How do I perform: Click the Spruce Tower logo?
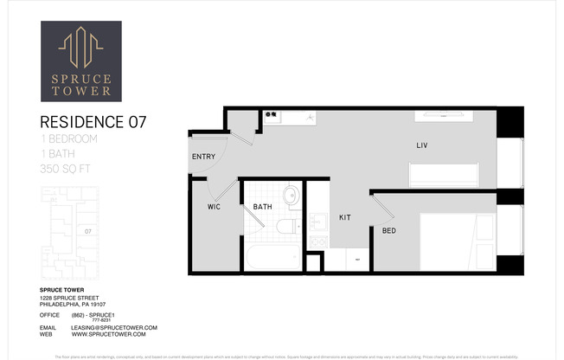81,61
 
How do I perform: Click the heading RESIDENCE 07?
93,122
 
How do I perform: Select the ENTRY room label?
203,157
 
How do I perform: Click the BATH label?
263,207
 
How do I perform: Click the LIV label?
422,145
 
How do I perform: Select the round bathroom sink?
291,195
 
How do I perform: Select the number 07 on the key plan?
87,231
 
